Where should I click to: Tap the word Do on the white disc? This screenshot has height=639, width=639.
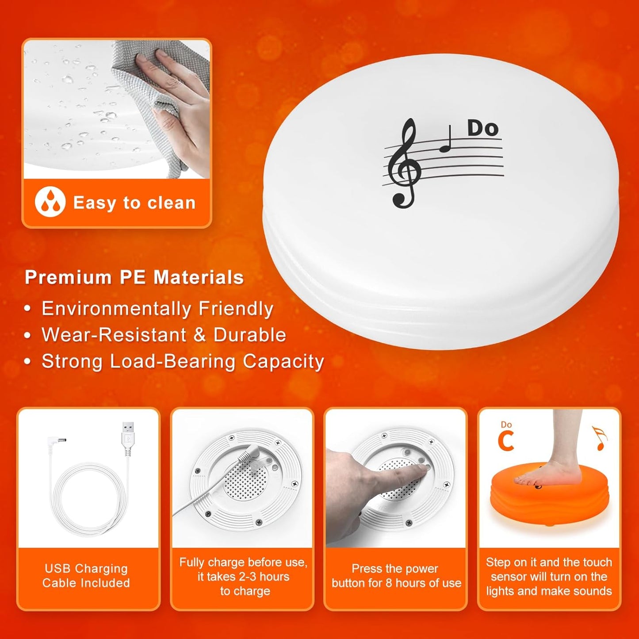click(x=483, y=128)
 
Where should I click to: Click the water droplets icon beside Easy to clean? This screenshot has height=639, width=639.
click(x=50, y=202)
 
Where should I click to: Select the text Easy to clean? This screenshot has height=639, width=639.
click(x=134, y=203)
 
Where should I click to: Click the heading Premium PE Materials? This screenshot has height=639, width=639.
click(x=134, y=278)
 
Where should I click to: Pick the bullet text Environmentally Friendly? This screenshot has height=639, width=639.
click(x=157, y=309)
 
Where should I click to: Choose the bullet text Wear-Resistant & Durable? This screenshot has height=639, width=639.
click(x=164, y=335)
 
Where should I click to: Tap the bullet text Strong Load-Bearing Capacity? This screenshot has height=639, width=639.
click(x=183, y=362)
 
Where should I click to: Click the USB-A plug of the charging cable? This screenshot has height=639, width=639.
click(x=128, y=436)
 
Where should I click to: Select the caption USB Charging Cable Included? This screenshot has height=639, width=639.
click(x=87, y=576)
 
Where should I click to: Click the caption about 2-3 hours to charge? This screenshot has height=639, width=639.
click(x=243, y=576)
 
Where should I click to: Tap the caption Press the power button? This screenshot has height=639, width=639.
click(x=396, y=576)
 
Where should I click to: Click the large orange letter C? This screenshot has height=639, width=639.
click(x=506, y=441)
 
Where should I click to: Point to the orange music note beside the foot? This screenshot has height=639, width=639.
click(x=599, y=438)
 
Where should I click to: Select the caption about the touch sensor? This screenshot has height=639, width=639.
click(x=549, y=576)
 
